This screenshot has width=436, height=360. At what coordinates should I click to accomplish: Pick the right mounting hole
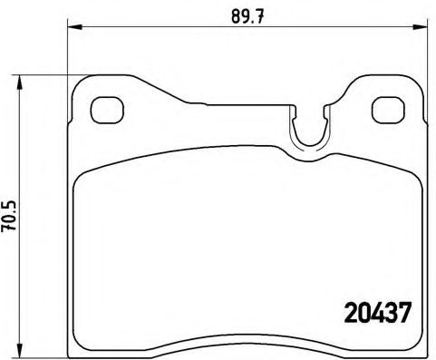tap(388, 109)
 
